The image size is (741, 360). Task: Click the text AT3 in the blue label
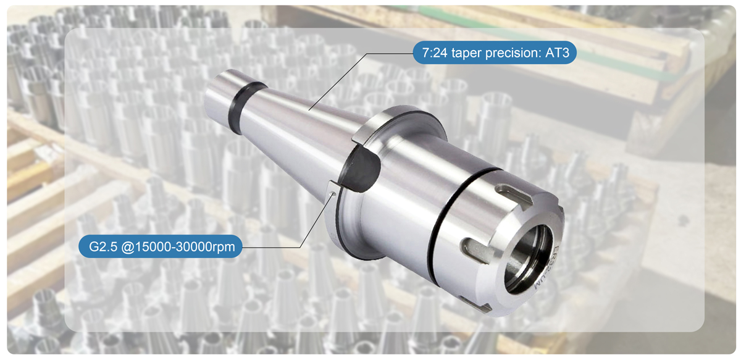[x=558, y=54]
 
